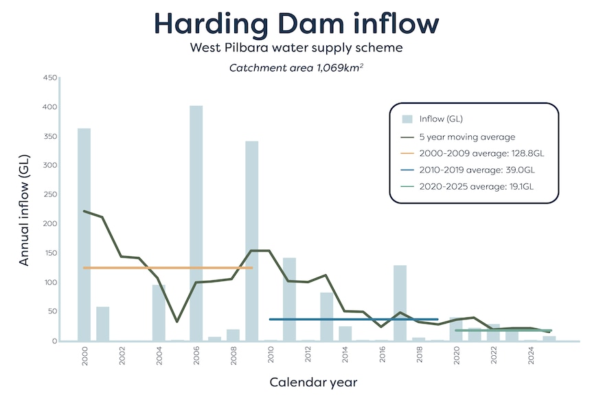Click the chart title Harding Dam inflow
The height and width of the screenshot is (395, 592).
pos(296,23)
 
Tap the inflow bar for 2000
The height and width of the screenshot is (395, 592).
pos(84,234)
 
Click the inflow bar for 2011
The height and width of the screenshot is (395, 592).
pos(289,299)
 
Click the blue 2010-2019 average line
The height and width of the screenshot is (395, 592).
pos(354,319)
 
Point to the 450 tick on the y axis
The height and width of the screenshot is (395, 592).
pos(49,78)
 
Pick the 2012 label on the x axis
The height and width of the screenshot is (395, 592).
pos(308,357)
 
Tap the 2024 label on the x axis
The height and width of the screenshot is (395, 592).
pos(531,357)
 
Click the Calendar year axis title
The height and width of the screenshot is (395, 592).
pos(312,382)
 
